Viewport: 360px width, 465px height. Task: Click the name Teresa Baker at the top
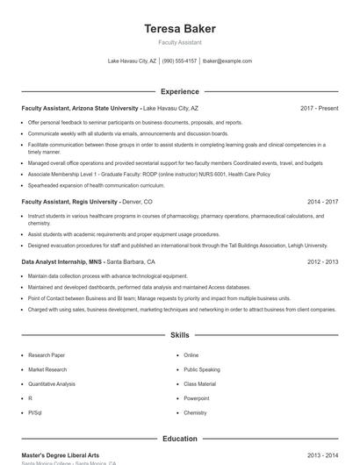pos(180,28)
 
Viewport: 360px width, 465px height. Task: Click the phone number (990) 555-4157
pos(179,61)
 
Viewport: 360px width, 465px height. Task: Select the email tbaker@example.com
pos(227,61)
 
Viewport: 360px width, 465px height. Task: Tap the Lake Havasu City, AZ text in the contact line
pos(132,61)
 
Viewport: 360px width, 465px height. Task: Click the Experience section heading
pos(180,91)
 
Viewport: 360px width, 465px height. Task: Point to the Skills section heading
pos(180,335)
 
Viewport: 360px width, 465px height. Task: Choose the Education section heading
pos(180,439)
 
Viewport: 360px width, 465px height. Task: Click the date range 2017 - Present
pos(319,108)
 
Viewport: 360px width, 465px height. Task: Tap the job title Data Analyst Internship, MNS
pos(62,261)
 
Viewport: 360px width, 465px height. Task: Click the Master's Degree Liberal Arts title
pos(61,455)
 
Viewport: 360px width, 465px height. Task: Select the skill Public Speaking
pos(202,369)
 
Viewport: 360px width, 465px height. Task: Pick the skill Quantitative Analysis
pos(52,383)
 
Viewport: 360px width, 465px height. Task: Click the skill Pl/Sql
pos(35,411)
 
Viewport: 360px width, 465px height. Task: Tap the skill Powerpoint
pos(198,397)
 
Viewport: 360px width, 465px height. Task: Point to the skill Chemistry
pos(195,411)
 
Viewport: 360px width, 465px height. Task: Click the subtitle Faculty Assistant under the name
pos(180,42)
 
